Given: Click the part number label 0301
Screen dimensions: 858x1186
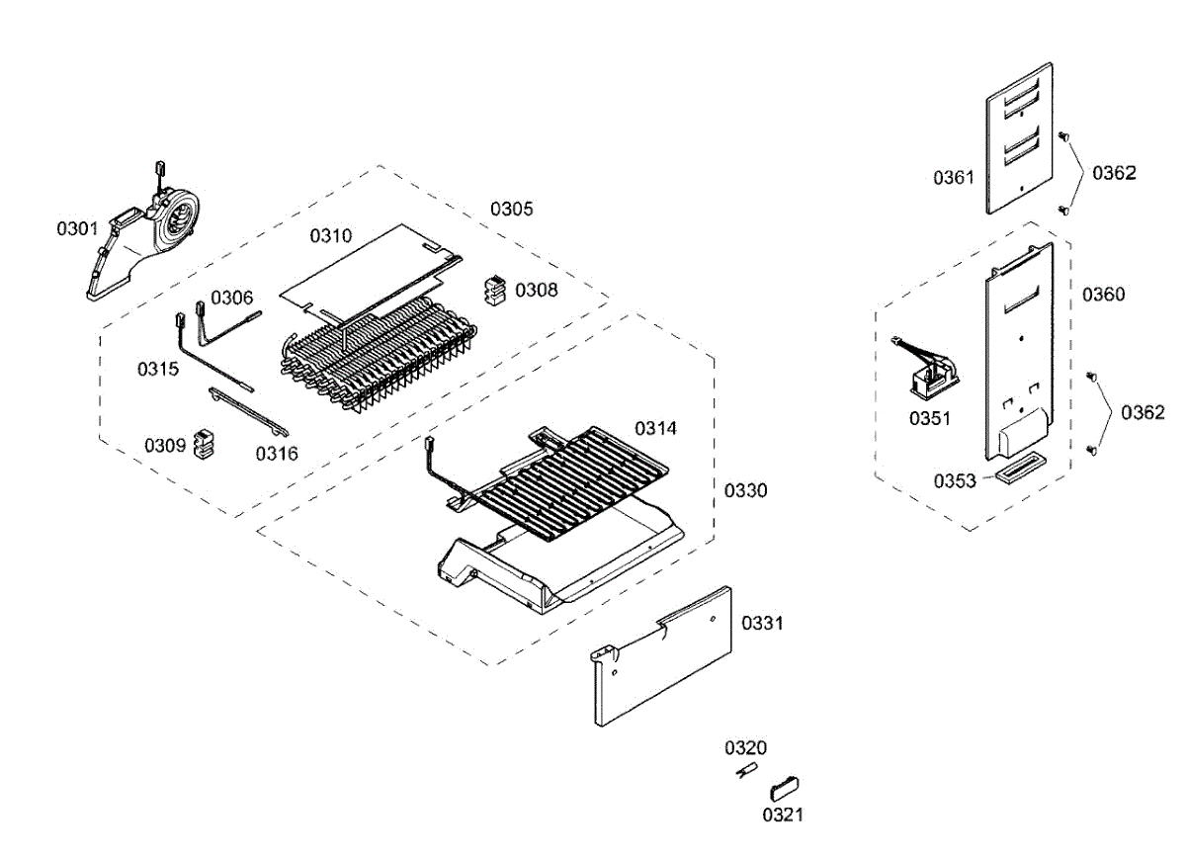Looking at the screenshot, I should [77, 229].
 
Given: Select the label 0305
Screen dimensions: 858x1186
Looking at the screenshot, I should [512, 209].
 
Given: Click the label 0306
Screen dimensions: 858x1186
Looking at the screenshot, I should [231, 297].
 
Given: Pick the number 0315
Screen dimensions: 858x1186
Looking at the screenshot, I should [158, 369].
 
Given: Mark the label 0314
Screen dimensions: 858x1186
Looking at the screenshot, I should [655, 428].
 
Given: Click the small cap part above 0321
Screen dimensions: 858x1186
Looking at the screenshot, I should [785, 788].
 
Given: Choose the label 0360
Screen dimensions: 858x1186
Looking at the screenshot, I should [1103, 295].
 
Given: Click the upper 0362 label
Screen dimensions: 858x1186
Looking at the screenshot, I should [1114, 173].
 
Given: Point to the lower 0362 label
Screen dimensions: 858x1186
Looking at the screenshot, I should [1143, 412].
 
